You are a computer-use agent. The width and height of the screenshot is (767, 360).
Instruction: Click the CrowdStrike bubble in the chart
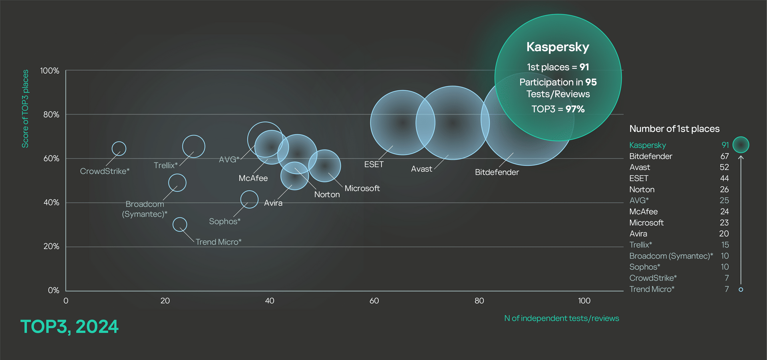pyautogui.click(x=119, y=149)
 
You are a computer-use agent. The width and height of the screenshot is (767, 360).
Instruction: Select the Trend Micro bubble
pyautogui.click(x=180, y=225)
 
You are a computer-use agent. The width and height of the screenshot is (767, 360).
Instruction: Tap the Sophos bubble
pyautogui.click(x=249, y=199)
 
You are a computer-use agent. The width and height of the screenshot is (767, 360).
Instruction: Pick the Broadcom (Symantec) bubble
pyautogui.click(x=177, y=183)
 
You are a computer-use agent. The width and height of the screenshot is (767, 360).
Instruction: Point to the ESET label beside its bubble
pyautogui.click(x=374, y=165)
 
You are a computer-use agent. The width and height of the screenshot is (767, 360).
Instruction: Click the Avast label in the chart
pyautogui.click(x=421, y=169)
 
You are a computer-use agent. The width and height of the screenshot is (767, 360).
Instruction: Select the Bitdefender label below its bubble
pyautogui.click(x=497, y=172)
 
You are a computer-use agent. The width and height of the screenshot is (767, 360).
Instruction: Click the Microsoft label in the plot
pyautogui.click(x=362, y=188)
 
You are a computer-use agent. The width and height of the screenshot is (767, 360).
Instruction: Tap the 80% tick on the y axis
pyautogui.click(x=51, y=115)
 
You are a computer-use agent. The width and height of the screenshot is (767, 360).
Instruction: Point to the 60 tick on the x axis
pyautogui.click(x=374, y=301)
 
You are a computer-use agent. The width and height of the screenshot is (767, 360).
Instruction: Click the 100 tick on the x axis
pyautogui.click(x=584, y=301)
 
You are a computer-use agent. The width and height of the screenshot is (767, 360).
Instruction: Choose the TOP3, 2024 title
pyautogui.click(x=70, y=327)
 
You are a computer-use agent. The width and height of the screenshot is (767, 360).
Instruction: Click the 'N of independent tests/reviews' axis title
pyautogui.click(x=561, y=318)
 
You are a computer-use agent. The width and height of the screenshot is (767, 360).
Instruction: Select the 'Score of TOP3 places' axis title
pyautogui.click(x=25, y=109)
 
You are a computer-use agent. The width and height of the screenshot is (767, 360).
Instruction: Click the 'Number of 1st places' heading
pyautogui.click(x=674, y=129)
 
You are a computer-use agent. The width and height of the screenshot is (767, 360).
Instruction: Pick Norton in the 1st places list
pyautogui.click(x=642, y=189)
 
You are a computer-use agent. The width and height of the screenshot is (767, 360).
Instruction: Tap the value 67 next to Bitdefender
pyautogui.click(x=725, y=156)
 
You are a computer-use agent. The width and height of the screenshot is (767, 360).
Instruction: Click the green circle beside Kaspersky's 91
pyautogui.click(x=741, y=145)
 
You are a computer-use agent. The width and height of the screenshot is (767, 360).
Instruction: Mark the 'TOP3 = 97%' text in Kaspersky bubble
pyautogui.click(x=558, y=109)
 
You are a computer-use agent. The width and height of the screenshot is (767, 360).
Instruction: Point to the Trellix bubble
pyautogui.click(x=194, y=146)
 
